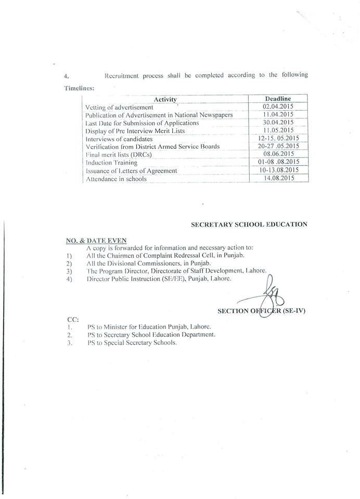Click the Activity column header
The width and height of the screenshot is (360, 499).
(x=165, y=99)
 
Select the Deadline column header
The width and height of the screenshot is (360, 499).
(x=278, y=99)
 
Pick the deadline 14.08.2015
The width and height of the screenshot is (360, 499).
(x=278, y=178)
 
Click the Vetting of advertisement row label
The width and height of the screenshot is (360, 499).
(x=119, y=107)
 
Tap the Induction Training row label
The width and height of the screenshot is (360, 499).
(x=111, y=163)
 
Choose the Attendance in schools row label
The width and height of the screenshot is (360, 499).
(x=116, y=179)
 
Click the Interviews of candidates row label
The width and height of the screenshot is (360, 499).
(x=119, y=139)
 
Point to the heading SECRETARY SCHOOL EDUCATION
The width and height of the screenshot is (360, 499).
(x=249, y=225)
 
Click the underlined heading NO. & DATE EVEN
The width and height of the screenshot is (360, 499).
(x=96, y=241)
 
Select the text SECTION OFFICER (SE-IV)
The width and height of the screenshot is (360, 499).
(x=261, y=311)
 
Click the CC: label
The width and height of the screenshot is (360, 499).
(x=73, y=318)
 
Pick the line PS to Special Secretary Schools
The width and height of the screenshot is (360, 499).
(x=132, y=343)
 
